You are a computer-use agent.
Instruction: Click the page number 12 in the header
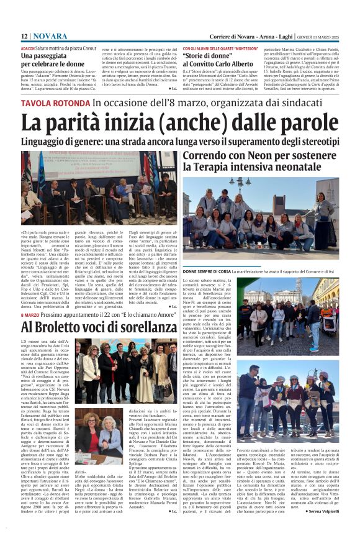tap(24, 37)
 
